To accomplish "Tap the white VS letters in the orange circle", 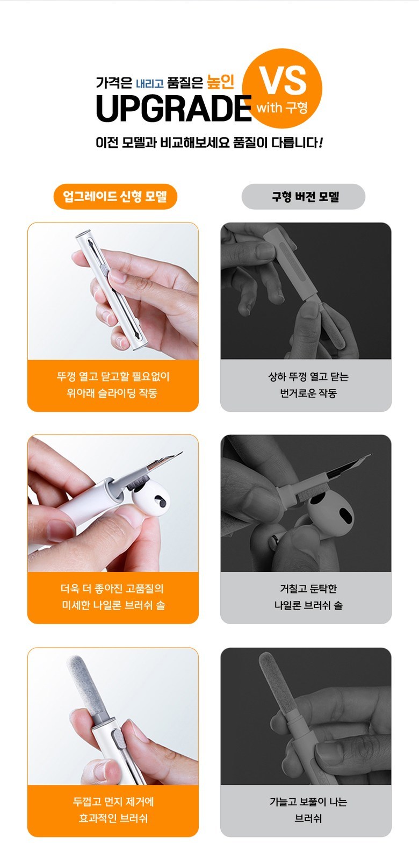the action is pos(283,81).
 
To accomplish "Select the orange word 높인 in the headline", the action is pos(220,82).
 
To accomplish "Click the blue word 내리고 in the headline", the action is pos(150,83).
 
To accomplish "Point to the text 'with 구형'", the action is pos(282,107).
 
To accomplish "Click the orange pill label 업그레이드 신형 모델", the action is pos(115,196).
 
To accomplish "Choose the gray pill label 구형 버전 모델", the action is pos(303,197).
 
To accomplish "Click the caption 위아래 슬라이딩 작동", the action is pos(112,393).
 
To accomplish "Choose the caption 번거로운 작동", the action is pos(308,393).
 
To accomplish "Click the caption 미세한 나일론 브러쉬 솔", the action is pos(113,605).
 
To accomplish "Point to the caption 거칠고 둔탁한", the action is pos(308,589).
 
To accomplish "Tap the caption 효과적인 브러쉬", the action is pos(113,819).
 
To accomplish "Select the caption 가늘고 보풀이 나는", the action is pos(308,801).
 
